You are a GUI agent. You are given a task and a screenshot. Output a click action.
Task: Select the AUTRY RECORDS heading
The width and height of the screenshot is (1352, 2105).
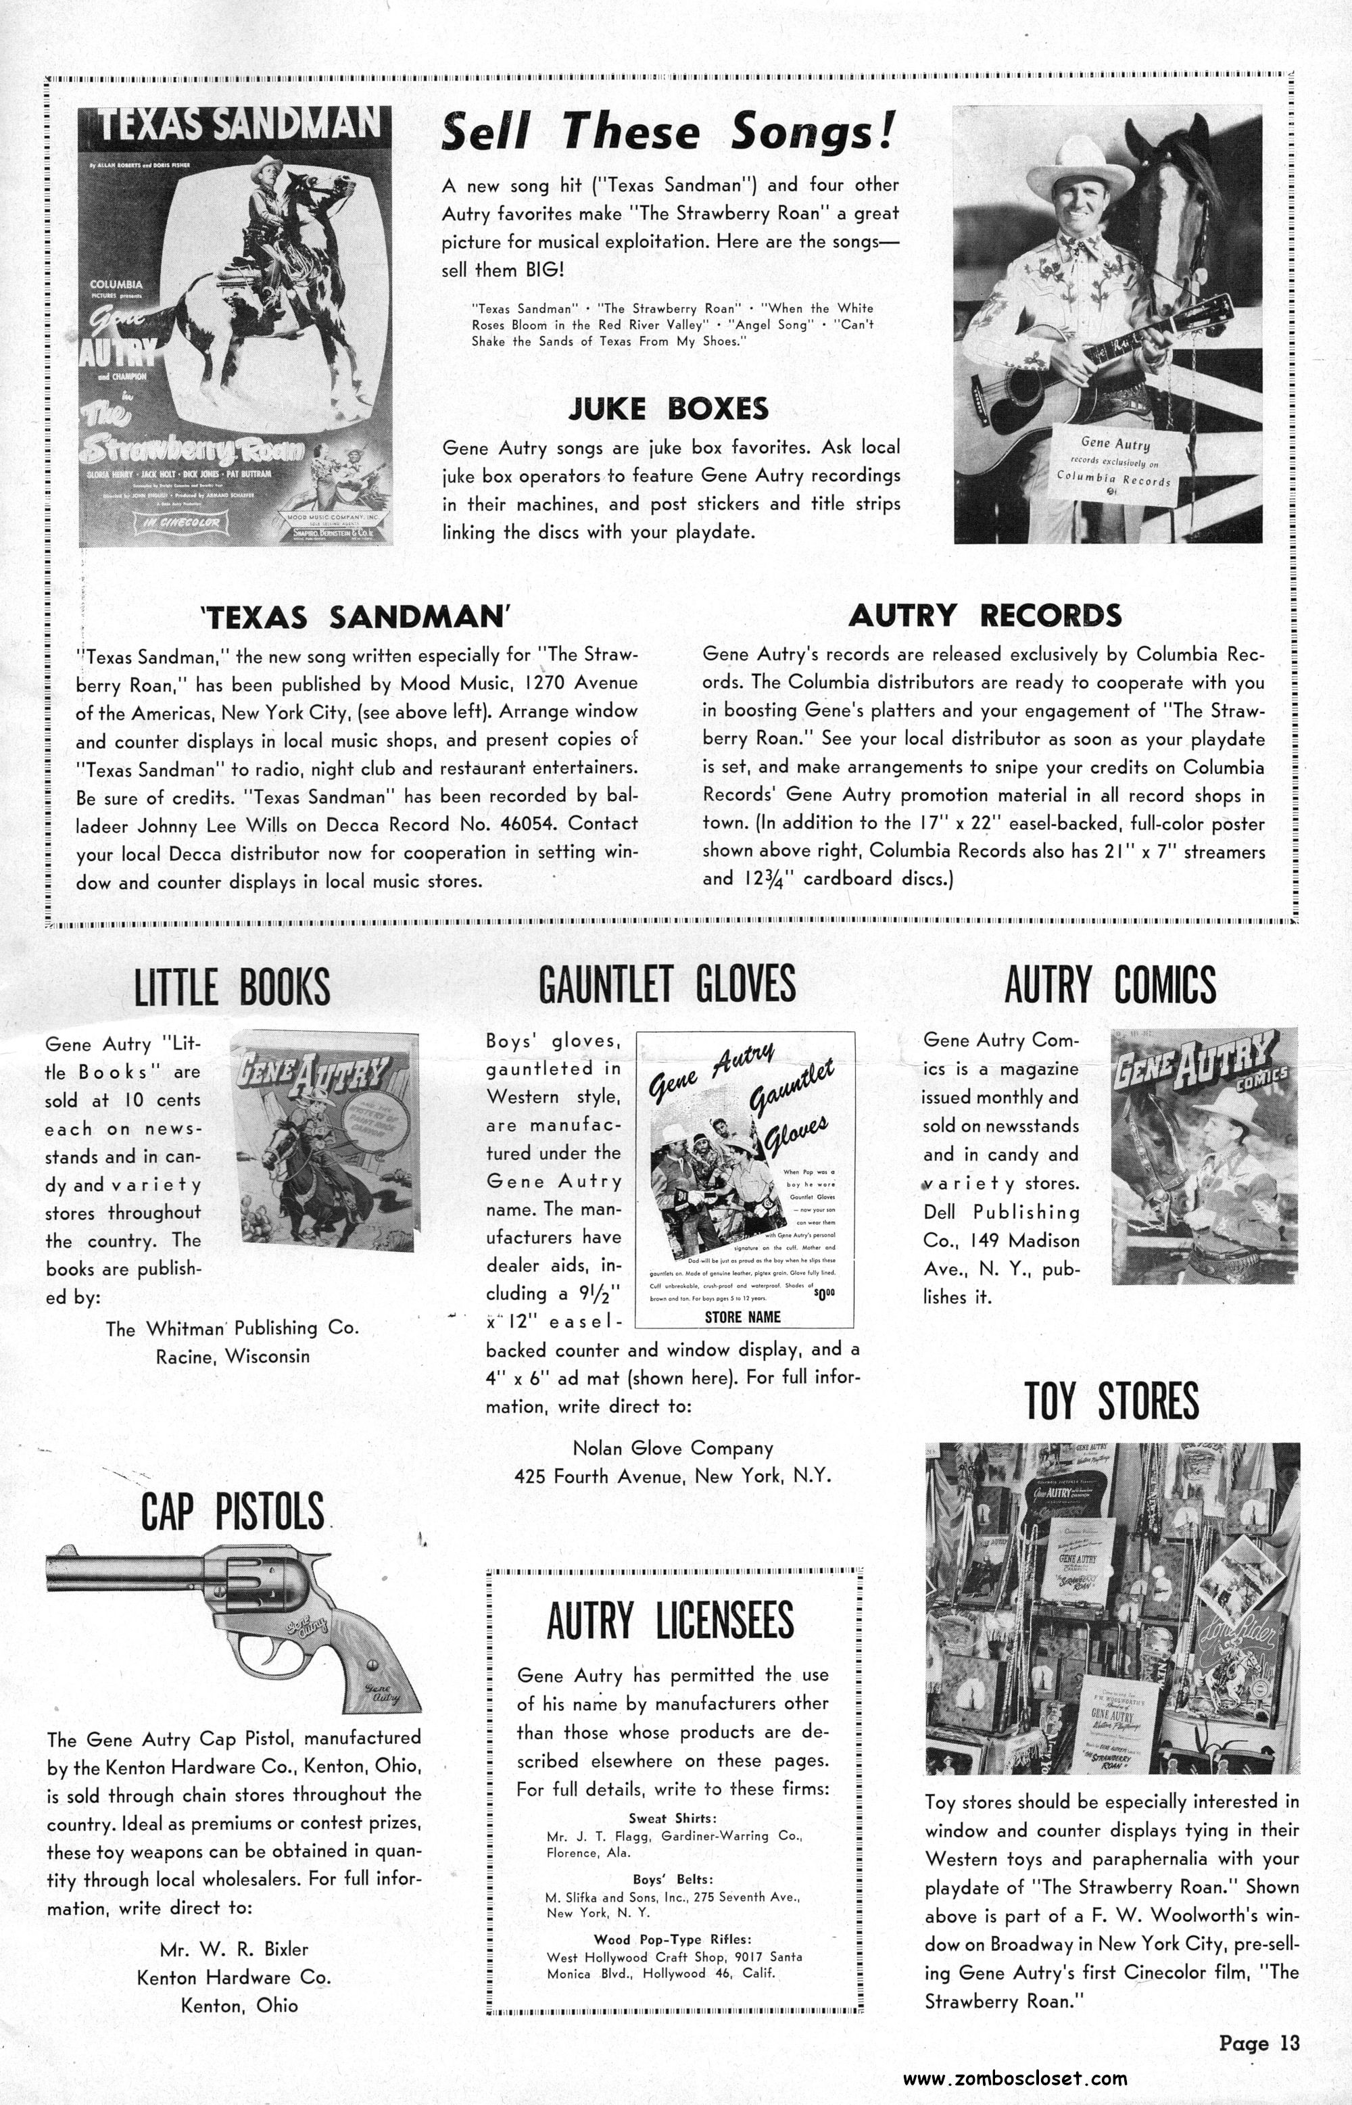(984, 615)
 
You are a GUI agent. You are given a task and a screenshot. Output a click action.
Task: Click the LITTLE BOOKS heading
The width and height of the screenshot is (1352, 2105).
(232, 988)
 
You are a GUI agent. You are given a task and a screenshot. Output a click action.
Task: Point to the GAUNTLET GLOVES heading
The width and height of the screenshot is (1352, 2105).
(667, 983)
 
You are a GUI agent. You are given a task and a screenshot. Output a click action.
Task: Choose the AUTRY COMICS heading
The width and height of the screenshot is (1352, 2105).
(1110, 985)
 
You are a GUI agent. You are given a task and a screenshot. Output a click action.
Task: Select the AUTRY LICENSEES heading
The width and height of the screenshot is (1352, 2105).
(670, 1620)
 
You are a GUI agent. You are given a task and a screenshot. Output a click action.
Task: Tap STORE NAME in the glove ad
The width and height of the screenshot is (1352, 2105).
(743, 1317)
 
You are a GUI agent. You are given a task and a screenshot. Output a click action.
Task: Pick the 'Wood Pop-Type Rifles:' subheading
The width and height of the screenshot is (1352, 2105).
(673, 1932)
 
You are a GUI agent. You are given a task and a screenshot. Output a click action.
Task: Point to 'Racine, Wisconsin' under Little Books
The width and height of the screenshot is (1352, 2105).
(233, 1356)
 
